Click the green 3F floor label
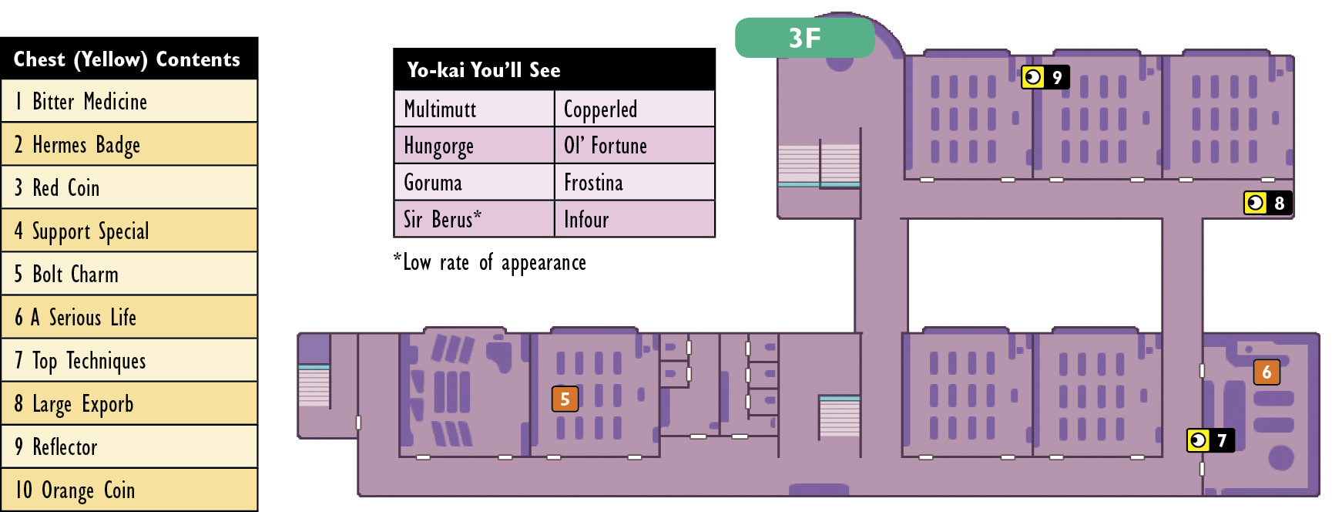pyautogui.click(x=804, y=38)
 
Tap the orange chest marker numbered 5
pyautogui.click(x=565, y=399)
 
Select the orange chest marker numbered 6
pyautogui.click(x=1267, y=372)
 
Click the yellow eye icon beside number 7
pyautogui.click(x=1199, y=440)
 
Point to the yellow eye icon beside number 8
pyautogui.click(x=1256, y=203)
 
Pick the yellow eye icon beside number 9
pyautogui.click(x=1033, y=77)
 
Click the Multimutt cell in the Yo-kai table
pyautogui.click(x=475, y=109)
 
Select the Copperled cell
pyautogui.click(x=635, y=109)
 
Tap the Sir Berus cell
pyautogui.click(x=475, y=219)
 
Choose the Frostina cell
pyautogui.click(x=635, y=183)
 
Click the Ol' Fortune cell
pyautogui.click(x=635, y=146)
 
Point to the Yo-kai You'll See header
pyautogui.click(x=555, y=69)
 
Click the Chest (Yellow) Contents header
pyautogui.click(x=129, y=59)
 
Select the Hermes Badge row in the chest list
pyautogui.click(x=129, y=144)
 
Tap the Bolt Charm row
pyautogui.click(x=129, y=274)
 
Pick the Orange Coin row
pyautogui.click(x=129, y=490)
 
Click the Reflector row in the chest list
pyautogui.click(x=129, y=446)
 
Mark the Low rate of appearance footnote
pyautogui.click(x=490, y=263)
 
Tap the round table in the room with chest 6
pyautogui.click(x=1281, y=458)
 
